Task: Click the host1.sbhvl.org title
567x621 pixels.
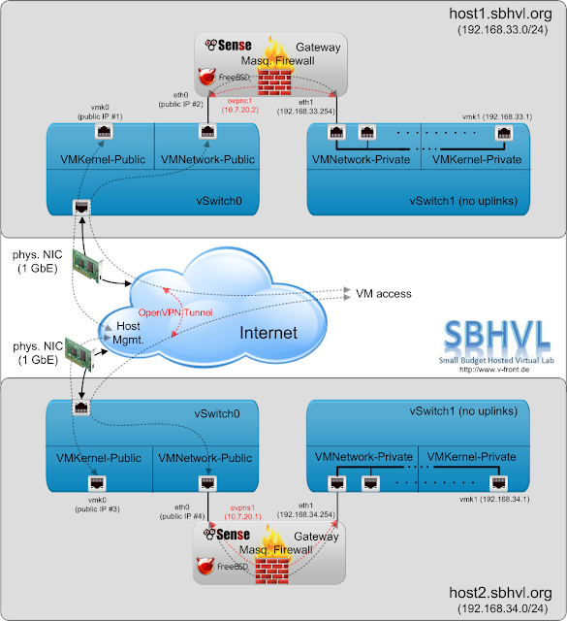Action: pyautogui.click(x=500, y=14)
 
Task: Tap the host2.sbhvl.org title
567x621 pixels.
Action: pyautogui.click(x=500, y=593)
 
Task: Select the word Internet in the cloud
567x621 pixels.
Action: pyautogui.click(x=268, y=333)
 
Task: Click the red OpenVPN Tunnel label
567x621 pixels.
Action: pyautogui.click(x=175, y=312)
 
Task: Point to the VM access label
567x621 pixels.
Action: pyautogui.click(x=384, y=293)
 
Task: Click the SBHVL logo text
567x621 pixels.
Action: pyautogui.click(x=497, y=335)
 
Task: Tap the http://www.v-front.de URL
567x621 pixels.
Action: pyautogui.click(x=494, y=370)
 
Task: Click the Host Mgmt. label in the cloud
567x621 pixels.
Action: pyautogui.click(x=128, y=333)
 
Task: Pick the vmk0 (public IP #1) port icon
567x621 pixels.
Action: pyautogui.click(x=104, y=131)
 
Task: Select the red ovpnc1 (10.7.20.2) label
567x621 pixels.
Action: pyautogui.click(x=239, y=106)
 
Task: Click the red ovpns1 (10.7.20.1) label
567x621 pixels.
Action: pyautogui.click(x=242, y=512)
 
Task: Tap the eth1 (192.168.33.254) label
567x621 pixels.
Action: pyautogui.click(x=306, y=107)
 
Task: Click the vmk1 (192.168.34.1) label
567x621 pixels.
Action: pyautogui.click(x=494, y=499)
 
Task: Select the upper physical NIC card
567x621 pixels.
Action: pyautogui.click(x=86, y=265)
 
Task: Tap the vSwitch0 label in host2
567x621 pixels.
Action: pyautogui.click(x=217, y=413)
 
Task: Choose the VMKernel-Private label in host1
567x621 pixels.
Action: pyautogui.click(x=477, y=159)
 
